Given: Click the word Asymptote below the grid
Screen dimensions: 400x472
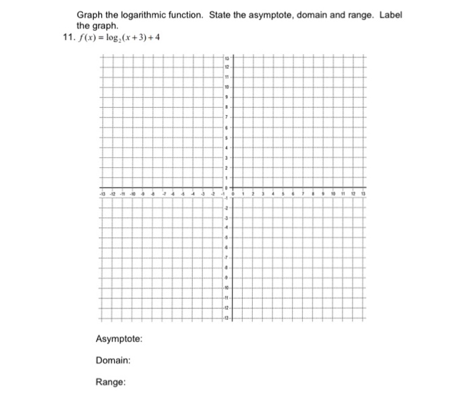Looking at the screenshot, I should point(119,339).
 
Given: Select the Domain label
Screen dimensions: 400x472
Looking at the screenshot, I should point(113,360).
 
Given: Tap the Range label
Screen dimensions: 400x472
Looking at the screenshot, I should point(110,382).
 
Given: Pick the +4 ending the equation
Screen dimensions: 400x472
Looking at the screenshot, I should point(156,36).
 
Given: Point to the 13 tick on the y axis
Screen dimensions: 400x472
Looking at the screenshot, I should point(227,57).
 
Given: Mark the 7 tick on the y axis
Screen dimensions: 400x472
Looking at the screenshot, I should point(227,117).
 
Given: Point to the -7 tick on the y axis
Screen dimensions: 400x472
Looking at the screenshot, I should point(227,258).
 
